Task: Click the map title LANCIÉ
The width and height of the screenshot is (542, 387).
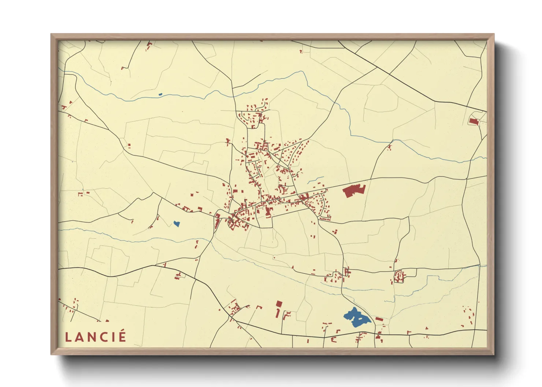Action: click(x=96, y=337)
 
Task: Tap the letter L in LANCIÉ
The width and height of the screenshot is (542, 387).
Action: click(x=67, y=337)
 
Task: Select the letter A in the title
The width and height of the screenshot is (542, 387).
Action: click(x=78, y=337)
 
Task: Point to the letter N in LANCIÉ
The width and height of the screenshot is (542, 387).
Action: click(x=90, y=337)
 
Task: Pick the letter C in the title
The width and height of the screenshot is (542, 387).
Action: click(x=103, y=337)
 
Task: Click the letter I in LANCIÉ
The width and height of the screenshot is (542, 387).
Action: click(x=112, y=337)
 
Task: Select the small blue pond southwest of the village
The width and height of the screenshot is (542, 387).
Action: click(x=177, y=223)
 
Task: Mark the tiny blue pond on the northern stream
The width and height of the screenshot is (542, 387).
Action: click(x=160, y=94)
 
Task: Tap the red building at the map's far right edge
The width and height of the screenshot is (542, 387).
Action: click(x=474, y=121)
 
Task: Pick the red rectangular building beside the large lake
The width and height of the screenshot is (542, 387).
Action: click(x=379, y=319)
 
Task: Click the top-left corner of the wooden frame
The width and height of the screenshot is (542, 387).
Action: click(x=51, y=34)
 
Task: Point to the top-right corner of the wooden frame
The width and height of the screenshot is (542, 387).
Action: click(x=494, y=34)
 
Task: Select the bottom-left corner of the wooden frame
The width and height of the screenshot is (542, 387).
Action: click(x=51, y=354)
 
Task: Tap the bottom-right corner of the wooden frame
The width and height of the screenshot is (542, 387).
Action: click(x=494, y=354)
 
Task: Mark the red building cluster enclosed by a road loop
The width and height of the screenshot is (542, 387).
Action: click(x=399, y=276)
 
